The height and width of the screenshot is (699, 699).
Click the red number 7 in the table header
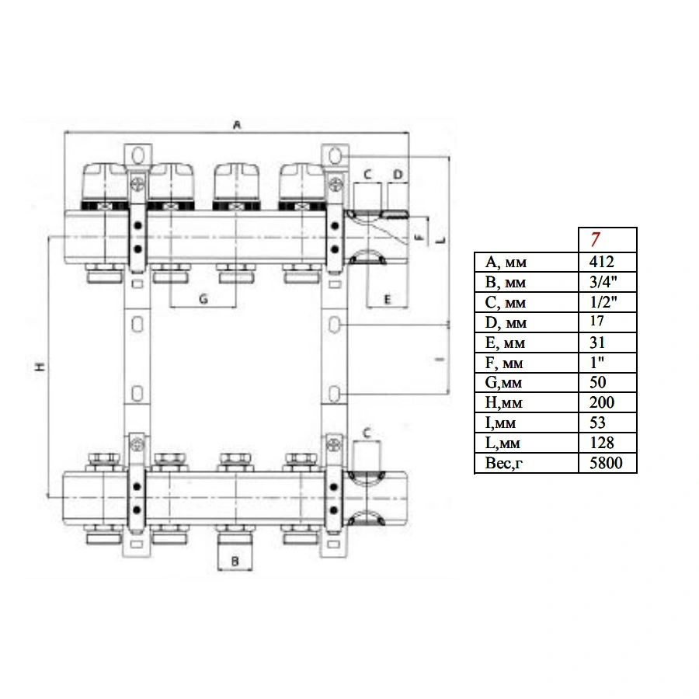595,240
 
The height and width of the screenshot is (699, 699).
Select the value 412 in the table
601,262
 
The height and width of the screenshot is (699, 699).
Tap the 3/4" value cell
603,282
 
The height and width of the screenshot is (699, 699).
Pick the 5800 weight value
606,463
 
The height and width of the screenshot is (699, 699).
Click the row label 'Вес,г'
504,464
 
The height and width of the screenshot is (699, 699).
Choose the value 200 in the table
602,402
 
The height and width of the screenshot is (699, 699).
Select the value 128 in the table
602,443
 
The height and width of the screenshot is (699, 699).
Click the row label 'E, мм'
505,343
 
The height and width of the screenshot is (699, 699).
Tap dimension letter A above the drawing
237,125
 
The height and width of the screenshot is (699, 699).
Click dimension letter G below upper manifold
203,299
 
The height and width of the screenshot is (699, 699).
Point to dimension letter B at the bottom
235,562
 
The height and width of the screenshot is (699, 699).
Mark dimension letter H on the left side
40,367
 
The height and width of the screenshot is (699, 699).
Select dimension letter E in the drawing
387,300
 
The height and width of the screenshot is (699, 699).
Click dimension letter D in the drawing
398,174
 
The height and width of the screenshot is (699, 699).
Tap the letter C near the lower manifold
367,433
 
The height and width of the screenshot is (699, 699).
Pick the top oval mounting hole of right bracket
336,155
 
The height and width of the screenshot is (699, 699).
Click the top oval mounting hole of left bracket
137,155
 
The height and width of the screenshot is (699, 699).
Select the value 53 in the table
597,423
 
